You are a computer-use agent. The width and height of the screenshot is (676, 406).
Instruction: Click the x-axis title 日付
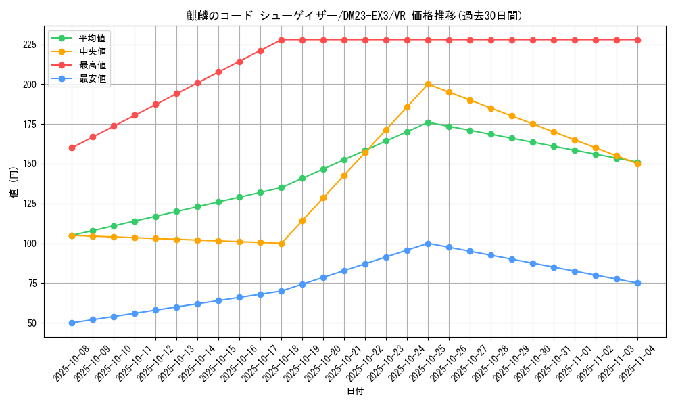pos(354,392)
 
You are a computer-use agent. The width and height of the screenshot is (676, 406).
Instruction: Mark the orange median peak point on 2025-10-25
pos(428,84)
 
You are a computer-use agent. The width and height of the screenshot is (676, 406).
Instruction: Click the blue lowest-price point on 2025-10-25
pos(428,244)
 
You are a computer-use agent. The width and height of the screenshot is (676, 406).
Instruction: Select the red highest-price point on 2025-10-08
pos(72,148)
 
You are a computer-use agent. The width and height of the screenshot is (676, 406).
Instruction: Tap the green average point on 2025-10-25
pos(428,122)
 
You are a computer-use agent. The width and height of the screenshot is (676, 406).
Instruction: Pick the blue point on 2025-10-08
pos(72,323)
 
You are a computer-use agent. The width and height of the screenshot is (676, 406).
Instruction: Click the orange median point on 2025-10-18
pos(281,244)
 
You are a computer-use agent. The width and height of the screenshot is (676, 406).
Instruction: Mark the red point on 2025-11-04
pos(637,40)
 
